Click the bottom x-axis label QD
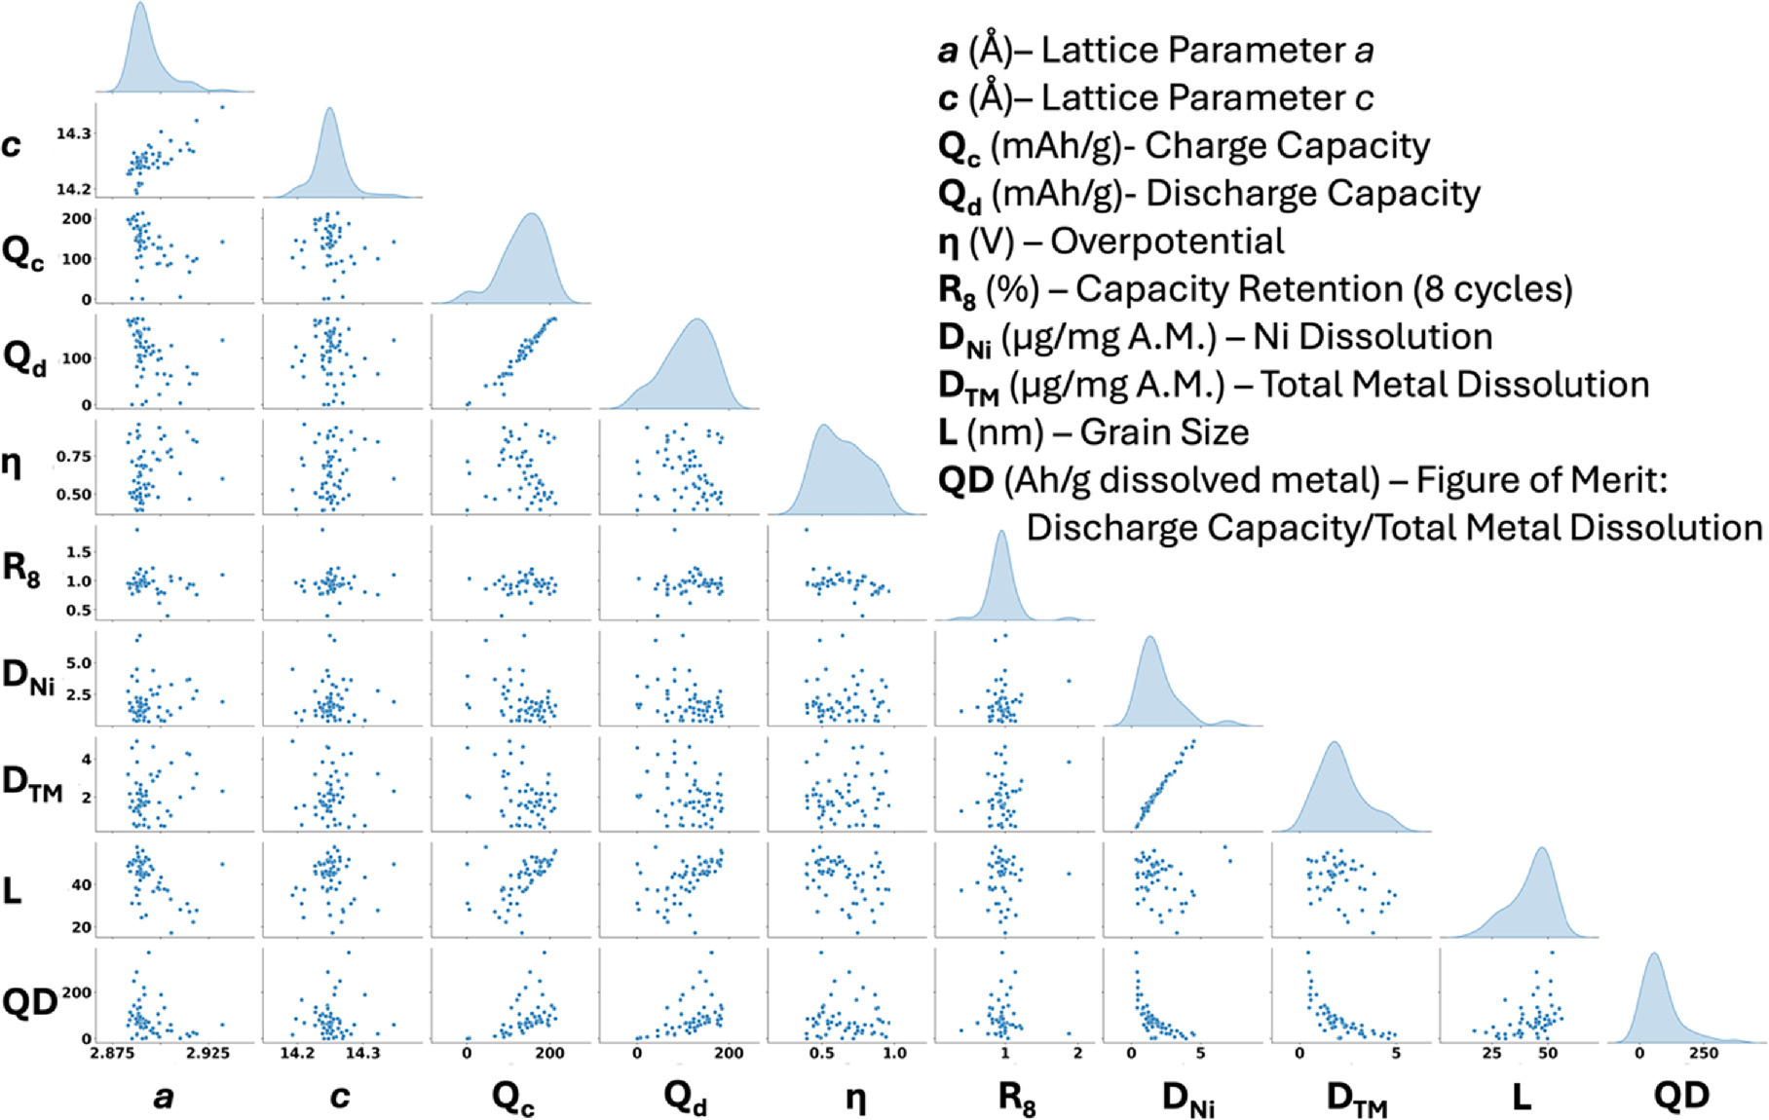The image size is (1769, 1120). click(x=1681, y=1097)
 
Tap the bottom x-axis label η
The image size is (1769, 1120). click(x=855, y=1098)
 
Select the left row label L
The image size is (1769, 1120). click(x=13, y=889)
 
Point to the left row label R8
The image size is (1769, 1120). click(x=21, y=568)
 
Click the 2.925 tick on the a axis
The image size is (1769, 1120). click(x=207, y=1054)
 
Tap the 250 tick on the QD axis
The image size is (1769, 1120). click(x=1704, y=1054)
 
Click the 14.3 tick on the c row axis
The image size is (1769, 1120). click(x=74, y=133)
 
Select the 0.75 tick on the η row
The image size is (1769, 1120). click(x=74, y=457)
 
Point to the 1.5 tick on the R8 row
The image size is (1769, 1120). click(x=80, y=552)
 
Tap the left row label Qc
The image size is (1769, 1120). click(x=22, y=253)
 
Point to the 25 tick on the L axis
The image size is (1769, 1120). click(x=1491, y=1054)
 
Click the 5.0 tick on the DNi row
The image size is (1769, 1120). click(x=78, y=663)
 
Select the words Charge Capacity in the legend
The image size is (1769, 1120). click(x=1287, y=146)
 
